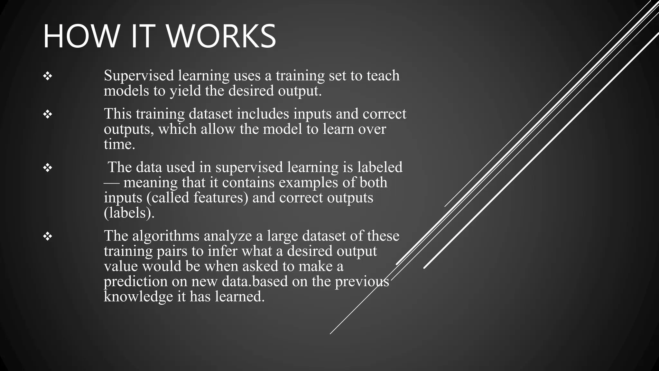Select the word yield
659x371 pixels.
pos(185,91)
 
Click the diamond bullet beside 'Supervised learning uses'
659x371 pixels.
pos(48,76)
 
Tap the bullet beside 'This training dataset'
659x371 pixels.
pos(48,114)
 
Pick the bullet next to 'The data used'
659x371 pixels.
pos(48,168)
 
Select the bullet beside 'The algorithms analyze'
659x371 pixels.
pos(48,237)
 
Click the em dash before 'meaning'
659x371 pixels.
pos(111,183)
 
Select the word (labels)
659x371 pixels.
pos(129,213)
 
